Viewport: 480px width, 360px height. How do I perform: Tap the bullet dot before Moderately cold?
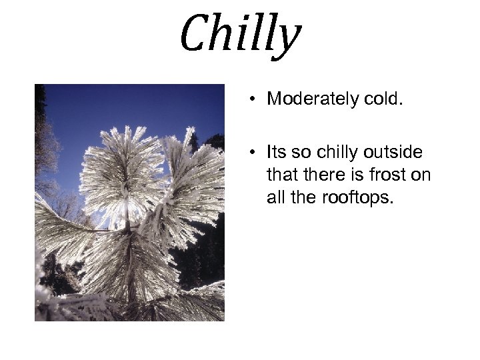tap(255, 100)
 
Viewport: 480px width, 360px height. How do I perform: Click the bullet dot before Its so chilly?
tap(255, 153)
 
